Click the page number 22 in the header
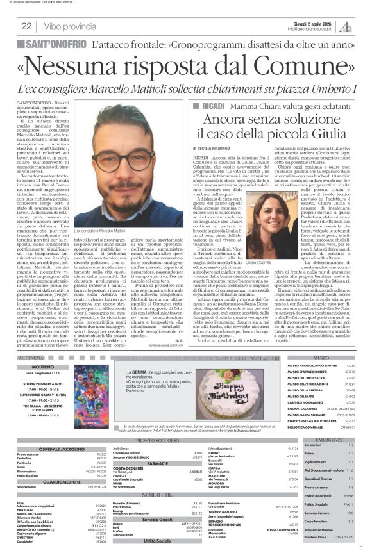[26, 26]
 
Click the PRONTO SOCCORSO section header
[157, 440]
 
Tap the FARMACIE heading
[157, 463]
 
